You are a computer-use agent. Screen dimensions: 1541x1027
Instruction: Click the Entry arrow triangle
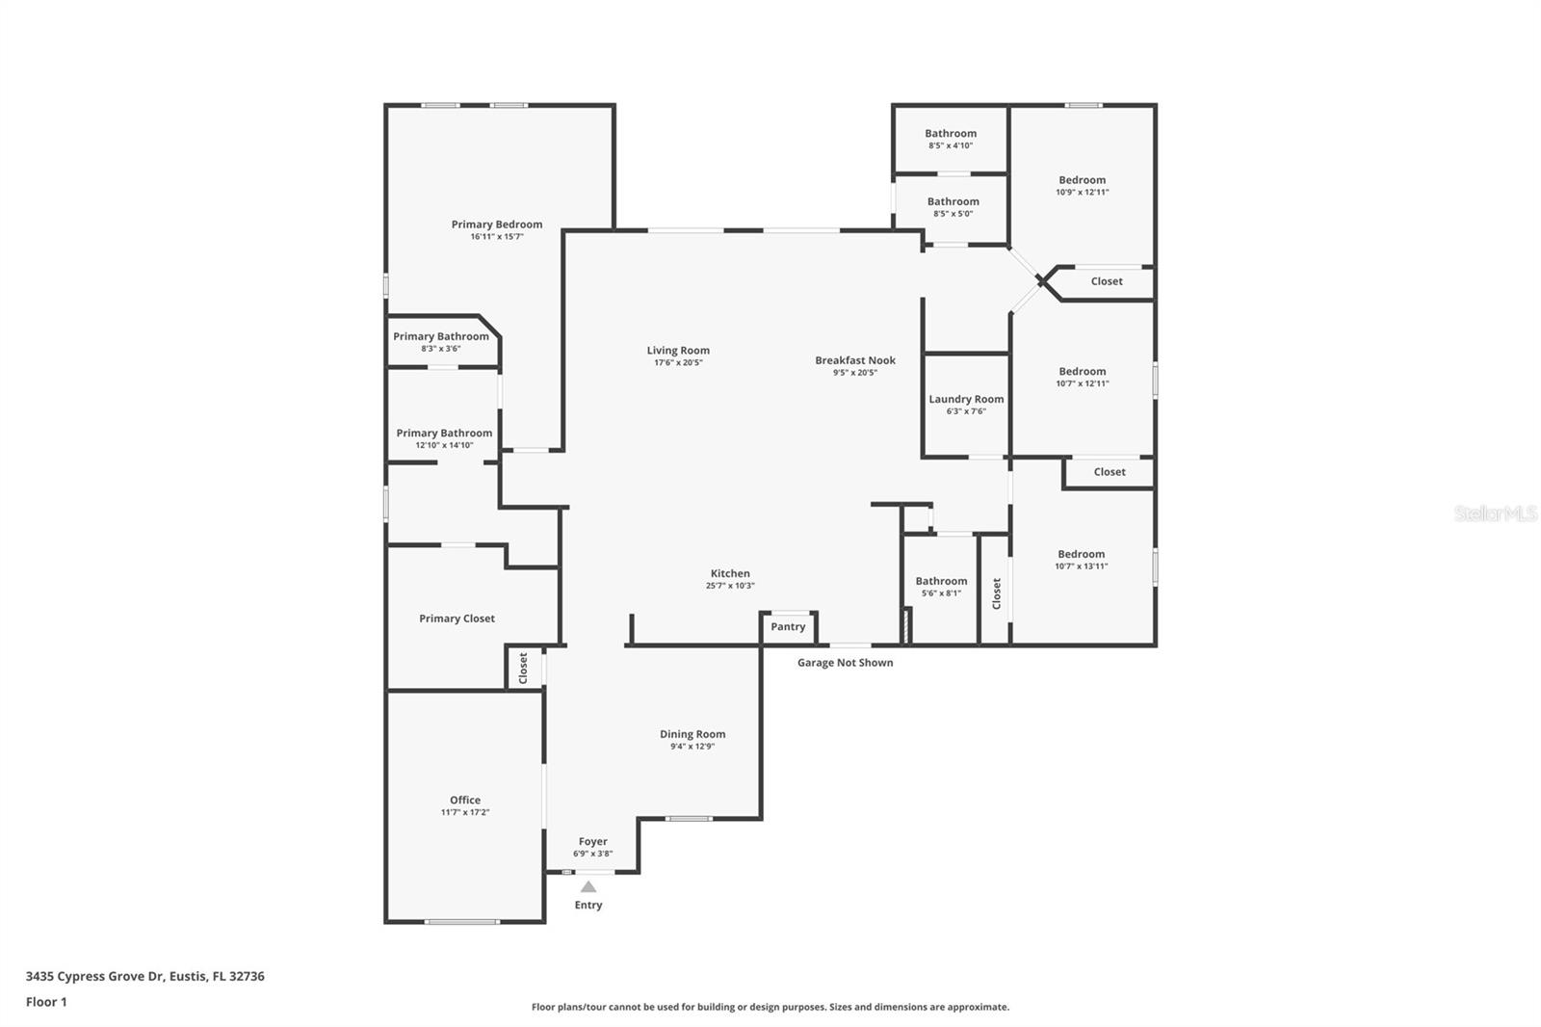[x=588, y=886]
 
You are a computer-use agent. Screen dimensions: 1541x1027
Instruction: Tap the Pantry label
[x=788, y=626]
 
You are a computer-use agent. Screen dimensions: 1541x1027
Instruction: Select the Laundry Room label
[x=966, y=399]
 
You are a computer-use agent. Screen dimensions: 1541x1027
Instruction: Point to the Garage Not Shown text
[x=845, y=662]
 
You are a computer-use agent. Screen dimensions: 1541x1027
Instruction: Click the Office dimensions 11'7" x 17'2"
[x=465, y=812]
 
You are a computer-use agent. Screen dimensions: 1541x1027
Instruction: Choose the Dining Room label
[x=692, y=734]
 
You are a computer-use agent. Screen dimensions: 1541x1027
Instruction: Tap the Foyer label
[x=592, y=842]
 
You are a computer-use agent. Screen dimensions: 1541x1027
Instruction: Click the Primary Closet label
[x=457, y=619]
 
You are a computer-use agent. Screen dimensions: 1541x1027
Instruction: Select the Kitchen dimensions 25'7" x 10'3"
[x=730, y=586]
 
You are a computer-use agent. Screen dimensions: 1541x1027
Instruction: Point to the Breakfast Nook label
[x=855, y=360]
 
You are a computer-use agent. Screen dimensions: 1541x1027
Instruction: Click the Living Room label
[x=678, y=351]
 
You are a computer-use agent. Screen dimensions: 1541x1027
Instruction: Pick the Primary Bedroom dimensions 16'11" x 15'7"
[x=497, y=237]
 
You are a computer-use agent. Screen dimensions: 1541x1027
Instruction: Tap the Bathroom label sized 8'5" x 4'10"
[x=950, y=134]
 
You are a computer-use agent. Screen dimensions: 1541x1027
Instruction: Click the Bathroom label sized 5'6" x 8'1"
[x=941, y=581]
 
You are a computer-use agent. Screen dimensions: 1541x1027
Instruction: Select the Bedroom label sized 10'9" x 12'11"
[x=1083, y=180]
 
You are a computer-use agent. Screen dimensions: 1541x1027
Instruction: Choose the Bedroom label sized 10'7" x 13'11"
[x=1081, y=554]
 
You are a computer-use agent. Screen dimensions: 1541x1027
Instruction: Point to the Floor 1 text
[x=46, y=1002]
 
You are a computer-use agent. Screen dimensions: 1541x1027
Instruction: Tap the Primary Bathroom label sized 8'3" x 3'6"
[x=441, y=336]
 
